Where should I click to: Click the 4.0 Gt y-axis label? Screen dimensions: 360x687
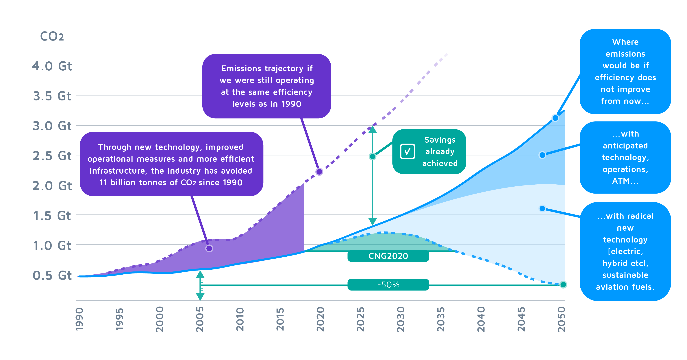click(52, 66)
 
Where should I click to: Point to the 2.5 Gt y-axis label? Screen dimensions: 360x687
click(52, 156)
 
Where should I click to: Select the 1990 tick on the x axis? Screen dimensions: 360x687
click(79, 319)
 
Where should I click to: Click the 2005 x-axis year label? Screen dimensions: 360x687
click(200, 319)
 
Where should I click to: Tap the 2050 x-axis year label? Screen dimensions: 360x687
click(562, 319)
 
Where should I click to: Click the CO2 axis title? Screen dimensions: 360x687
click(52, 36)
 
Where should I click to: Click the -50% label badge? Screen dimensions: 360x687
click(388, 285)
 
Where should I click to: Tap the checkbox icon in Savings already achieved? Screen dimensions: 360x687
click(408, 152)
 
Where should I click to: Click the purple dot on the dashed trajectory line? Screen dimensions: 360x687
click(319, 172)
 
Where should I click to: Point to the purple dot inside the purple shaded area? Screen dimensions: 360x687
click(209, 248)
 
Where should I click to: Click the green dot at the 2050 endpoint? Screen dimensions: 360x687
click(563, 285)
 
